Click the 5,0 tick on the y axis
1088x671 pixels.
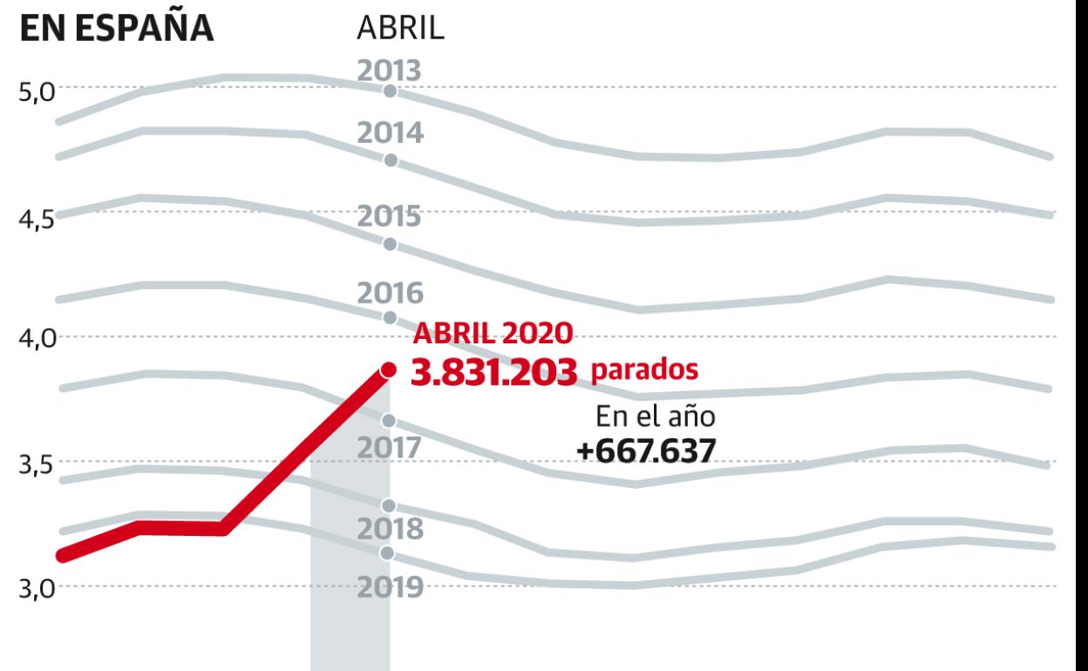[37, 91]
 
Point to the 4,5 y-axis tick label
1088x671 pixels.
[37, 216]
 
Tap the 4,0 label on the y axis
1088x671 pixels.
[37, 339]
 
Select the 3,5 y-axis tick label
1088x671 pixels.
[37, 464]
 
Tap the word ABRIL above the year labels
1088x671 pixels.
[401, 29]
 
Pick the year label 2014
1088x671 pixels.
[390, 134]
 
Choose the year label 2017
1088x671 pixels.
[390, 448]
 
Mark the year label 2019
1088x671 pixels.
[390, 586]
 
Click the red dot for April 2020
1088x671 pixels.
[389, 370]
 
